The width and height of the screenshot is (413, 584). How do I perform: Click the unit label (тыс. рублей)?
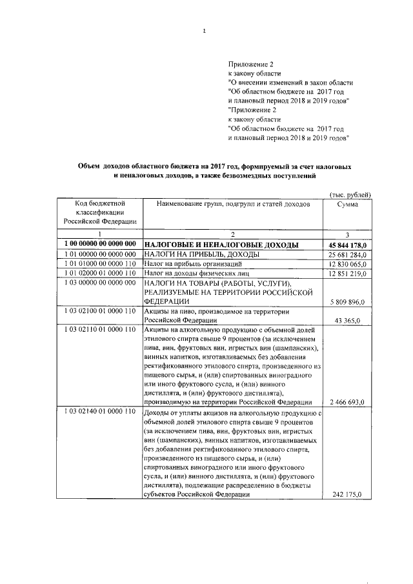point(350,194)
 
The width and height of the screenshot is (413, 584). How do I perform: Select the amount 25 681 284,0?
point(345,254)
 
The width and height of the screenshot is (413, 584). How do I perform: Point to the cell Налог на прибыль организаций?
point(193,264)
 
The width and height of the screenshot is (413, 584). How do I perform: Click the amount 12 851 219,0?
point(345,274)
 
